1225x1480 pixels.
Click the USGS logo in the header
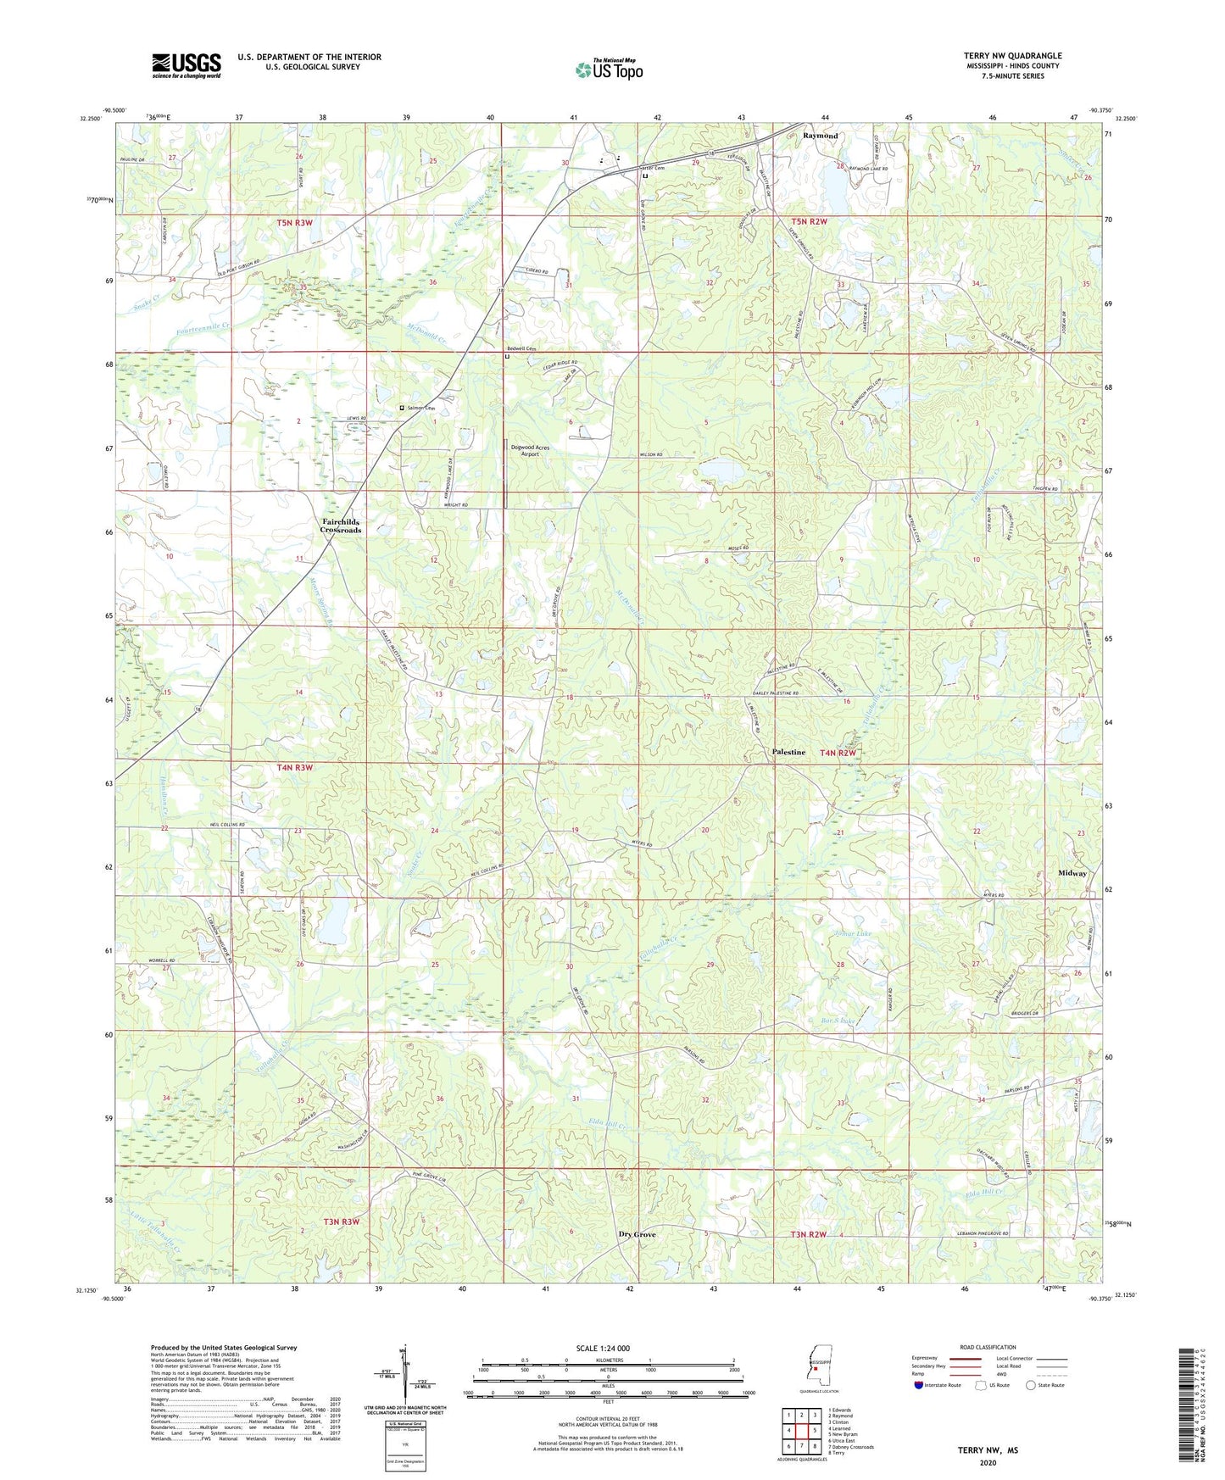point(186,65)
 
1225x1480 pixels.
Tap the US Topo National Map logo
point(608,69)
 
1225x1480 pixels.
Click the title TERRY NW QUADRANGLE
point(1012,56)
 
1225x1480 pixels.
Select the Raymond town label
point(820,136)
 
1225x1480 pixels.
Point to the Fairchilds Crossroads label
point(340,526)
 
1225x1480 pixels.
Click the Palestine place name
point(788,752)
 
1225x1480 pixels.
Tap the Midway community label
point(1072,873)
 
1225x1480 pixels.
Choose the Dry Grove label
point(637,1234)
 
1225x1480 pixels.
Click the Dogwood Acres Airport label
point(530,450)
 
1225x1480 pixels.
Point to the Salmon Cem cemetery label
point(421,409)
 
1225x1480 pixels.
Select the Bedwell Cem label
point(521,348)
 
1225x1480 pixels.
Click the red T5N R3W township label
point(294,223)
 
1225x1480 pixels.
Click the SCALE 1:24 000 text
point(603,1348)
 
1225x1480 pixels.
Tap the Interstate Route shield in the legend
point(920,1385)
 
